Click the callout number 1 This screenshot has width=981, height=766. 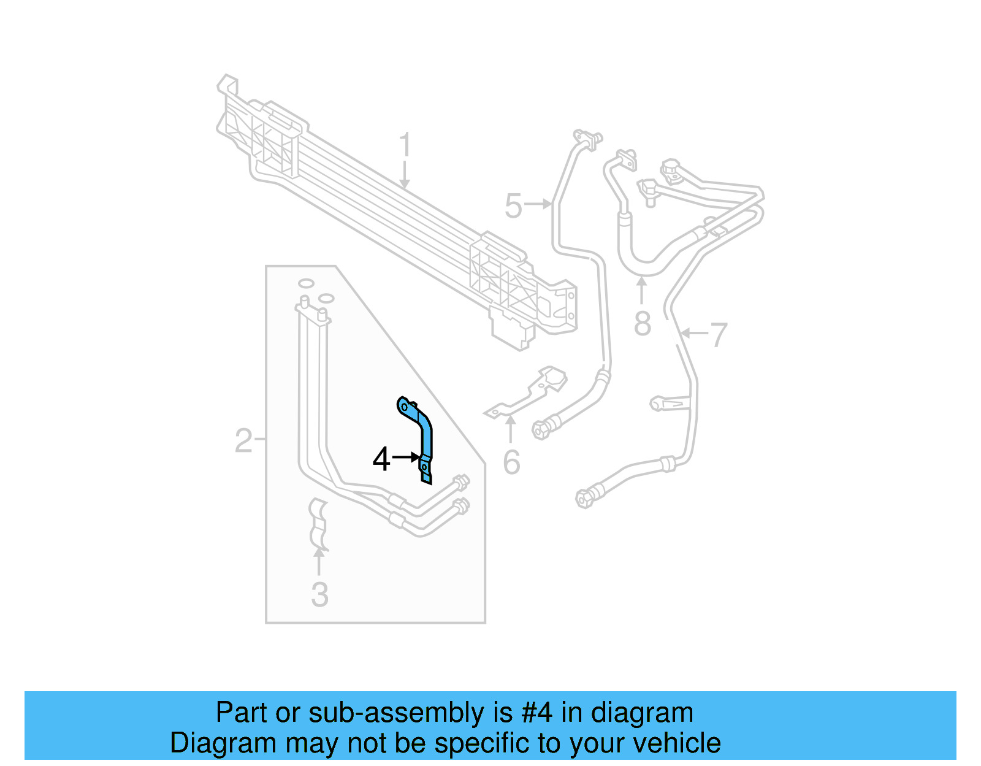coord(405,145)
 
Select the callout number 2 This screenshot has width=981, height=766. coord(243,440)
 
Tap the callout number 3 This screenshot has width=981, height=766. coord(319,594)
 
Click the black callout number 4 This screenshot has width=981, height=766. coord(381,459)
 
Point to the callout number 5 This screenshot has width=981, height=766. coord(513,205)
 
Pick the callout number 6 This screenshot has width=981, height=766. coord(511,462)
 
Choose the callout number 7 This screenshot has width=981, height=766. coord(718,335)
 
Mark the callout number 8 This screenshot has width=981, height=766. coord(642,324)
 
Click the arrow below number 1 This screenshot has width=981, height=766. coord(404,174)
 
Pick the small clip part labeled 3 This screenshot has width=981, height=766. coord(319,524)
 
